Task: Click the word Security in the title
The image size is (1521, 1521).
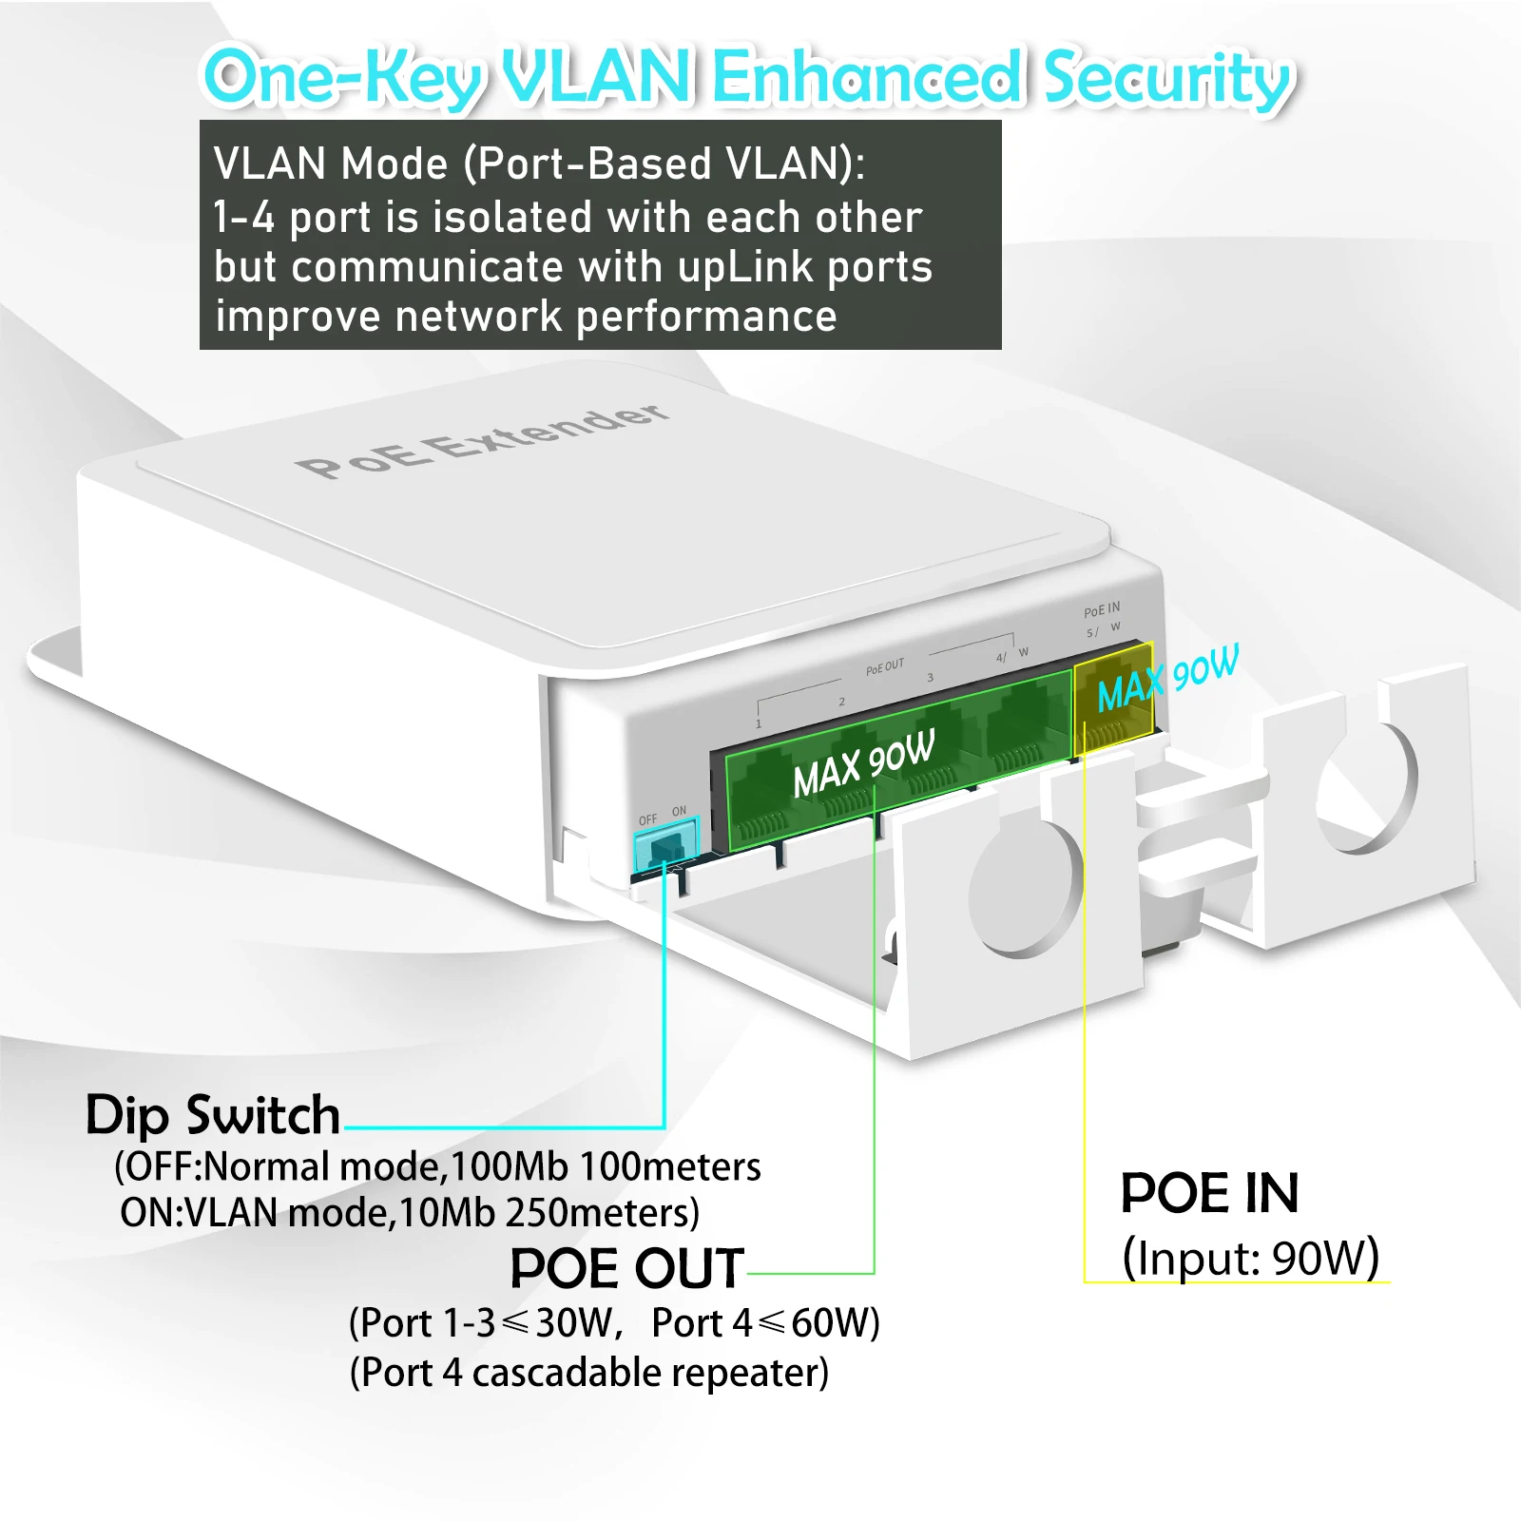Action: click(1167, 78)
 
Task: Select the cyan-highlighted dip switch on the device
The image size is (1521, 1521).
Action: click(665, 842)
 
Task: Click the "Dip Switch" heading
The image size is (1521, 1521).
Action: click(213, 1115)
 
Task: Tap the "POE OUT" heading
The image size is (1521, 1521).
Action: click(626, 1268)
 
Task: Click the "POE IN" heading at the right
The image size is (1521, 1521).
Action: click(1209, 1193)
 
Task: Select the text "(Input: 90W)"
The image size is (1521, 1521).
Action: click(1250, 1258)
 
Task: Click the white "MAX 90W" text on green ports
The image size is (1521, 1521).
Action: click(863, 763)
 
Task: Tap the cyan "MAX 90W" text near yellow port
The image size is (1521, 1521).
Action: click(1167, 679)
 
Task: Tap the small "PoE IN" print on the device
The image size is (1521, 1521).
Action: click(1102, 609)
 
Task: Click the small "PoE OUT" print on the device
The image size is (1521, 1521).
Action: click(885, 667)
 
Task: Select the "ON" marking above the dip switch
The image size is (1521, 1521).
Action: click(679, 812)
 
